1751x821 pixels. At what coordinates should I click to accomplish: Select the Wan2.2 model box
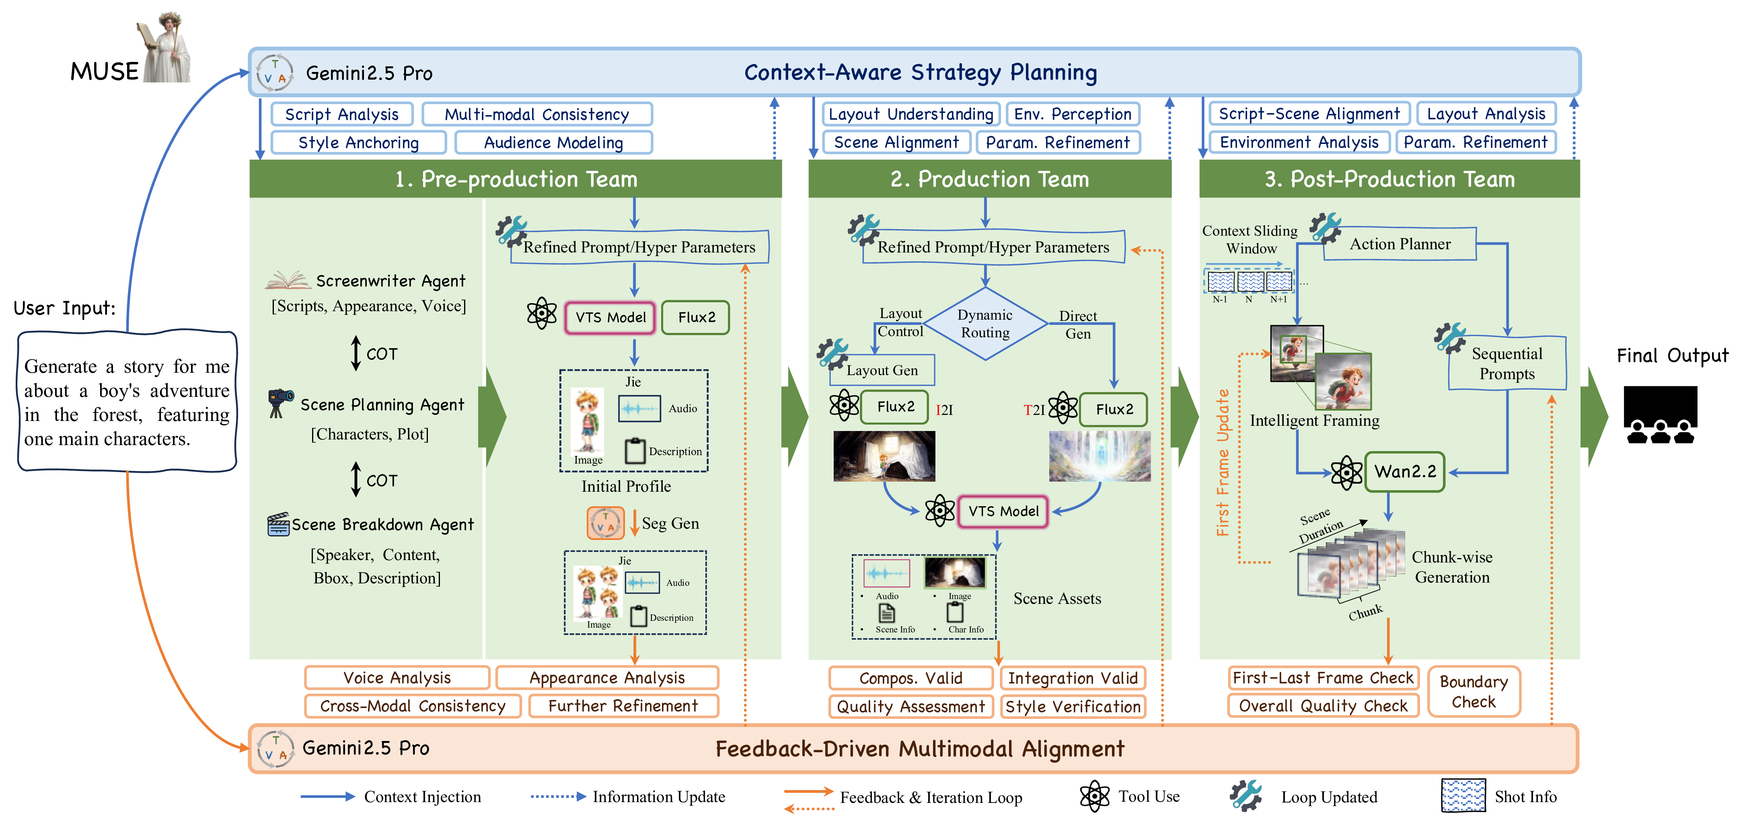point(1404,472)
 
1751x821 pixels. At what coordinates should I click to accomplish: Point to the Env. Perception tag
point(1073,114)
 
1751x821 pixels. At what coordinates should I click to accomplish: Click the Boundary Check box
point(1474,691)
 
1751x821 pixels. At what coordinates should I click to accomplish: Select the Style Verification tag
point(1073,707)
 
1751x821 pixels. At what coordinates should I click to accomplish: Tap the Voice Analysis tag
point(397,677)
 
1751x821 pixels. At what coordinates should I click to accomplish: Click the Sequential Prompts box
point(1507,363)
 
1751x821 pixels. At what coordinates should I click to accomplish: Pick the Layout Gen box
point(882,370)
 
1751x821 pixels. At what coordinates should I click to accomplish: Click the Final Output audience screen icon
point(1660,415)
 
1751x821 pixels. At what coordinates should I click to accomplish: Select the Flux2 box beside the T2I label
point(1114,409)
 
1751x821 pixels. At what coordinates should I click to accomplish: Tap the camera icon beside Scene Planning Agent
point(280,403)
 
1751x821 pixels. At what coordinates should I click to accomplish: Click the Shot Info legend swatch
point(1463,796)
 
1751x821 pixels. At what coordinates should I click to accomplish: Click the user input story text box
point(127,402)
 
